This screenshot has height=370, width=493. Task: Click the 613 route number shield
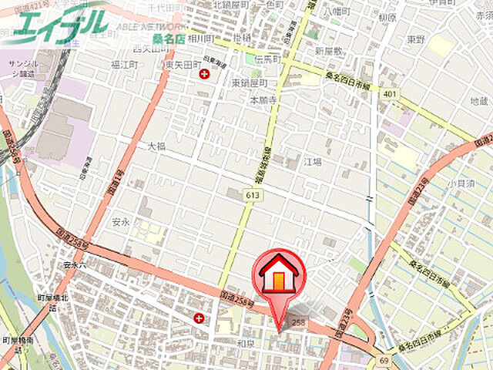(253, 197)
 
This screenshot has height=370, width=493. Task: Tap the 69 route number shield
(383, 360)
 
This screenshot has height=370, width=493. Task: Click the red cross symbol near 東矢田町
(204, 74)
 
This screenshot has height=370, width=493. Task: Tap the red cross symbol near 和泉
(200, 318)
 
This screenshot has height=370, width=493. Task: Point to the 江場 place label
(312, 162)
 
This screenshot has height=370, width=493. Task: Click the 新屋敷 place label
(327, 50)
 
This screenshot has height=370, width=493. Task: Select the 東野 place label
(417, 39)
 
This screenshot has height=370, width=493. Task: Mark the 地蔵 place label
(478, 101)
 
